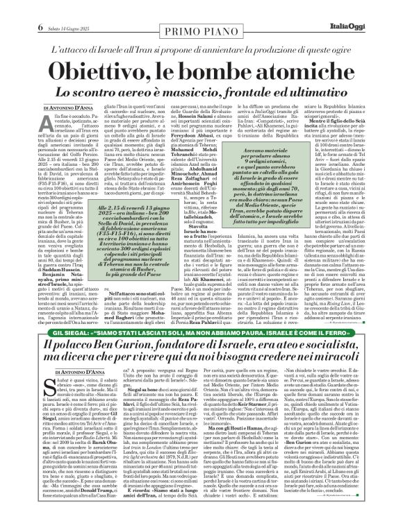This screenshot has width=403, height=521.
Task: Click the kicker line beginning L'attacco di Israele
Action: (201, 34)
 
